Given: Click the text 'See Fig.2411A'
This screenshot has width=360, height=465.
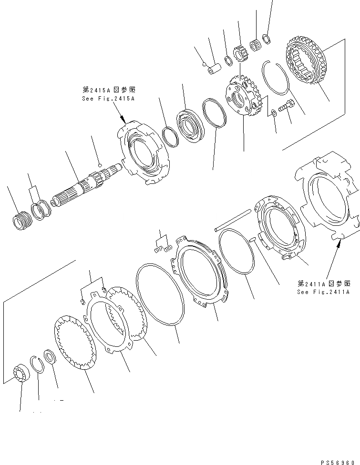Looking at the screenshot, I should (323, 292).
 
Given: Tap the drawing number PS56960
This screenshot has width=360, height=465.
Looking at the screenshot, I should (339, 460).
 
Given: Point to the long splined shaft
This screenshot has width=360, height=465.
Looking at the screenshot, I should (86, 186).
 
